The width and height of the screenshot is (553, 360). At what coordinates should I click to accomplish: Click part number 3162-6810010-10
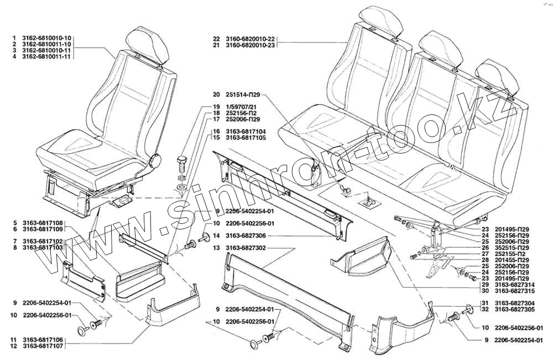pos(46,38)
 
